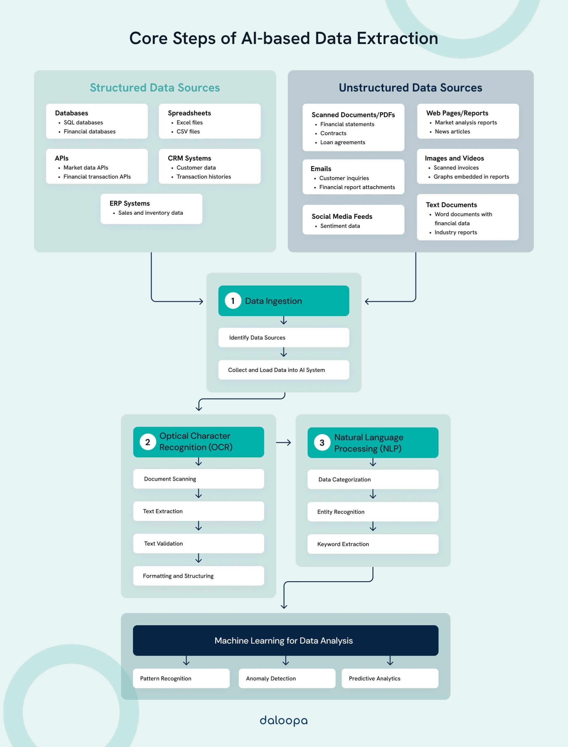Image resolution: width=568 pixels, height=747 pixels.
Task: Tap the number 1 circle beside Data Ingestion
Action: tap(233, 301)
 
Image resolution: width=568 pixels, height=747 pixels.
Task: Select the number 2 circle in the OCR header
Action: tap(148, 442)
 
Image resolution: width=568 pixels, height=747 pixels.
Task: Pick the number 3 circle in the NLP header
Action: tap(322, 443)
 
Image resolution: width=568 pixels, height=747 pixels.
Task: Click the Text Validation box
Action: tap(199, 543)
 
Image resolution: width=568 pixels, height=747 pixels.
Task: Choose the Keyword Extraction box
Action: tap(373, 544)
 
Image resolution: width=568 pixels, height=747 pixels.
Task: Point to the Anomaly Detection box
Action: tap(287, 678)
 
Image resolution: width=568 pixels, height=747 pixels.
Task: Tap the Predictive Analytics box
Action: tap(390, 678)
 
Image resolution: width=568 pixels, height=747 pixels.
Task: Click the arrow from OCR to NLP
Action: tap(283, 443)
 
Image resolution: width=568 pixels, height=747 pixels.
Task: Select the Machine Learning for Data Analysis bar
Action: tap(285, 640)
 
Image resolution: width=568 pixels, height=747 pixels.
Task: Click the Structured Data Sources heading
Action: tap(155, 88)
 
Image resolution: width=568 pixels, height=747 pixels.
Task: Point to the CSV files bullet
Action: tap(188, 131)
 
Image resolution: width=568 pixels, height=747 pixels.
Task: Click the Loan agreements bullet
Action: tap(343, 142)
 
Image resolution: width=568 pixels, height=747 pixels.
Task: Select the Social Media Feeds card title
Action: tap(342, 216)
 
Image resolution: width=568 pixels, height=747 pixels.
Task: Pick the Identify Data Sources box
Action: tap(283, 338)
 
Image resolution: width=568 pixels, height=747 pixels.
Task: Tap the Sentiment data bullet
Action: tap(340, 226)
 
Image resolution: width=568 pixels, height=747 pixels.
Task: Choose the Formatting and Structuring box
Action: tap(199, 576)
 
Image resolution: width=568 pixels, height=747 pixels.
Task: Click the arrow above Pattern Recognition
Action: tap(186, 661)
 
